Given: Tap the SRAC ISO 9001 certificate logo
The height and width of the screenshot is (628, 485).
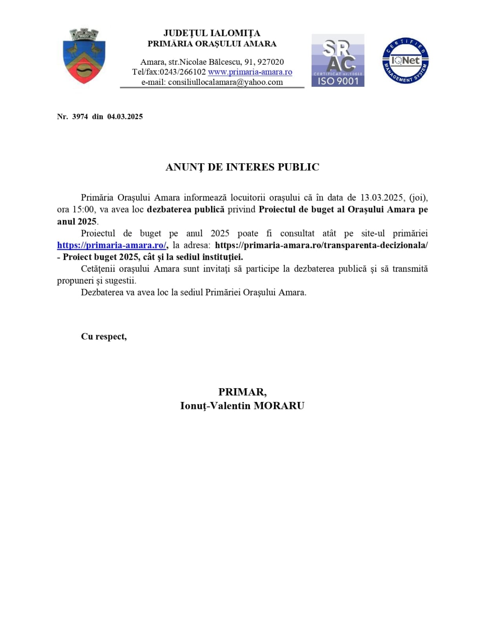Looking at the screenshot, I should click(x=338, y=60).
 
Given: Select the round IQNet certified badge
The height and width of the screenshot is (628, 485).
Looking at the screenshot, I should click(x=405, y=60).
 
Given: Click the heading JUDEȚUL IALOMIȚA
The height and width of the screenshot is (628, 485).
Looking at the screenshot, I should click(x=212, y=33).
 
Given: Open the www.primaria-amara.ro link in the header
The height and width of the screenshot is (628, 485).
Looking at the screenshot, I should click(x=250, y=72).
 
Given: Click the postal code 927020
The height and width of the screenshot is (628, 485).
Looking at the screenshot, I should click(x=271, y=62).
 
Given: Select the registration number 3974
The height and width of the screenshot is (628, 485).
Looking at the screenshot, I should click(x=80, y=117).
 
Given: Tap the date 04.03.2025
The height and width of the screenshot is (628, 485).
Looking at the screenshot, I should click(x=125, y=117).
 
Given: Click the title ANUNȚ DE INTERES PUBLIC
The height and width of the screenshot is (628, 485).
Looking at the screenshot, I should click(x=242, y=167).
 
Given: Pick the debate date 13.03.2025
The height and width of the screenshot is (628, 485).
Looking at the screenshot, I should click(x=382, y=197).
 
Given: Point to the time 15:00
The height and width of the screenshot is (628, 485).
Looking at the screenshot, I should click(x=83, y=210).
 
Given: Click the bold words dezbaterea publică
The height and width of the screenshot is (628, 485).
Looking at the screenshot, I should click(x=185, y=210).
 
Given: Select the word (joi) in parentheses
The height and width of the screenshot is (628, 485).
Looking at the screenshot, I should click(x=418, y=197).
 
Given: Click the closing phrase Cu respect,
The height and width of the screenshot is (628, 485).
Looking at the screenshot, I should click(x=104, y=336).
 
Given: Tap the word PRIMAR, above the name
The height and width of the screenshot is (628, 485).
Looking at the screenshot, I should click(x=242, y=392).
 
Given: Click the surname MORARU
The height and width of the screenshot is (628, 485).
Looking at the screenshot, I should click(x=279, y=406).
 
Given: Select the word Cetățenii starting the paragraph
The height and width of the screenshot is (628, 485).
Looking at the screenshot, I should click(x=98, y=269).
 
